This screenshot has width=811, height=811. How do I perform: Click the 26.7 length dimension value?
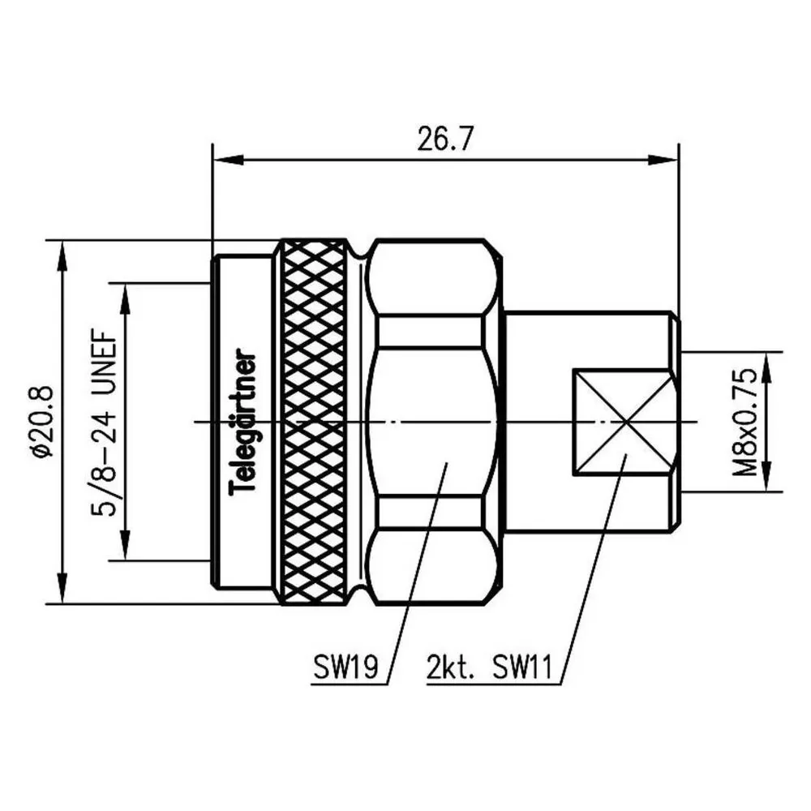[x=444, y=139]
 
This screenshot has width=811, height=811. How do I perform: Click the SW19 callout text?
[x=345, y=667]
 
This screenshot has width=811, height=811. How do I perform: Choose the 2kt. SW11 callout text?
[x=489, y=667]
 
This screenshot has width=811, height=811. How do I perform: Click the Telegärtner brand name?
[x=242, y=422]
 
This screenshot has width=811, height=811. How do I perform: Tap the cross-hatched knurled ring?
[x=314, y=422]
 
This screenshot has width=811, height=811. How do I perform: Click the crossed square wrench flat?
[x=624, y=422]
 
